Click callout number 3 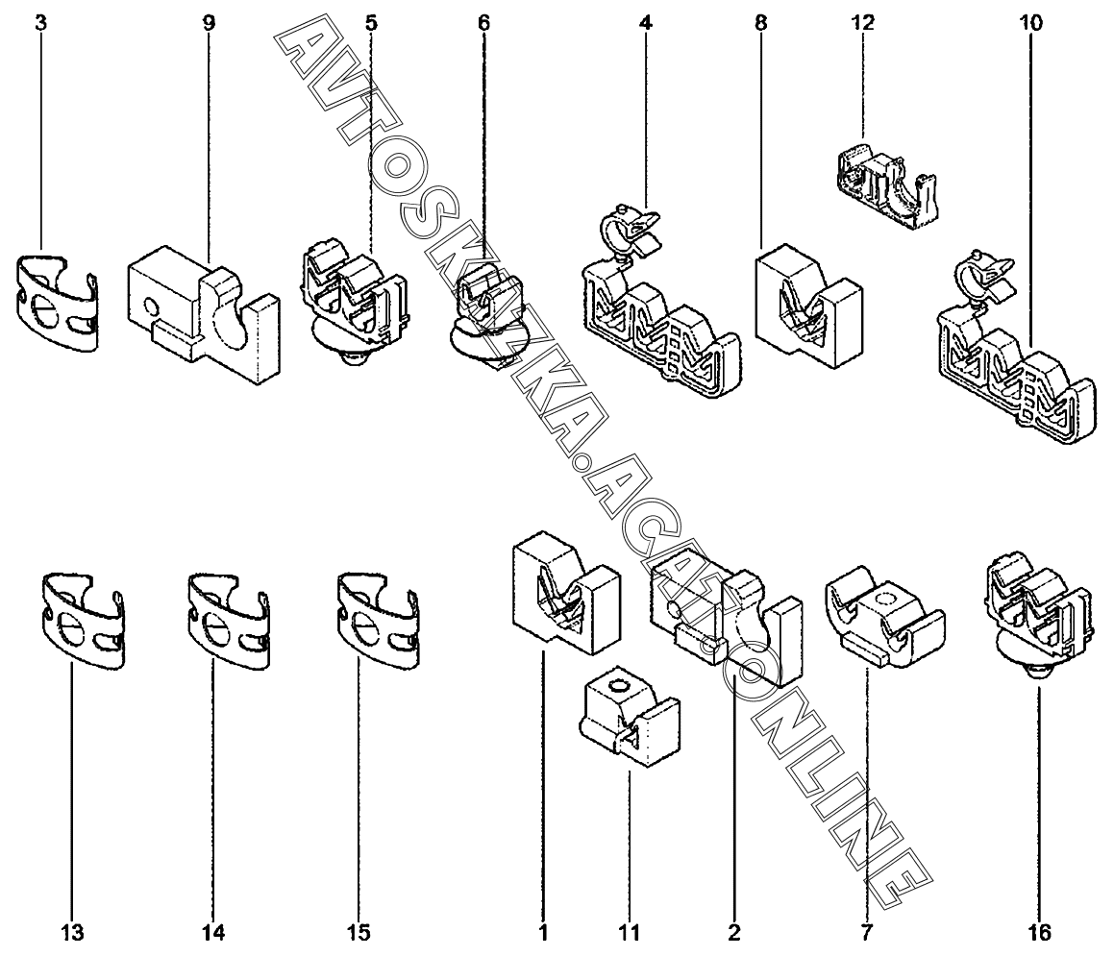(40, 22)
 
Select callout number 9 (210, 22)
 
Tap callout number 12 (863, 22)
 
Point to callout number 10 (1030, 22)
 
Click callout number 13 (72, 932)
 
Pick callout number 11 (629, 932)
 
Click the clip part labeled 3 (58, 303)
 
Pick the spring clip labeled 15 (377, 621)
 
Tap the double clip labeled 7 (879, 615)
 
